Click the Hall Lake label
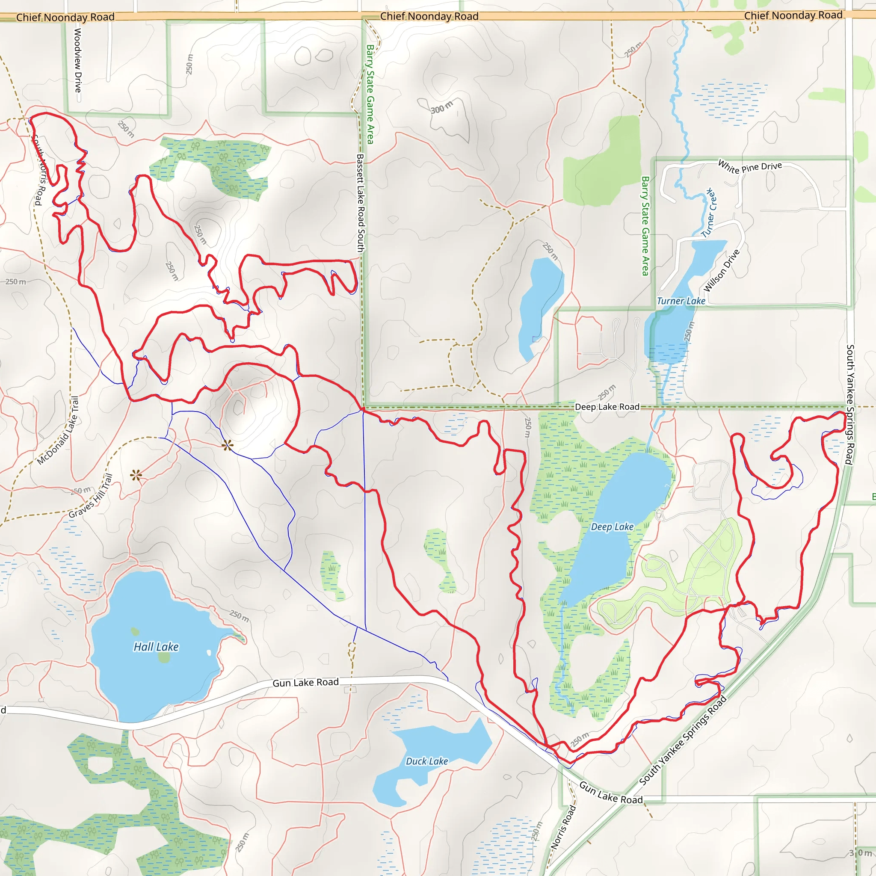pyautogui.click(x=156, y=647)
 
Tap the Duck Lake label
pyautogui.click(x=426, y=761)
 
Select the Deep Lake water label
pyautogui.click(x=612, y=527)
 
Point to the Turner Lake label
pyautogui.click(x=681, y=301)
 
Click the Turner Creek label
pyautogui.click(x=709, y=213)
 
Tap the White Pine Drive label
pyautogui.click(x=750, y=167)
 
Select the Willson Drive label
pyautogui.click(x=722, y=271)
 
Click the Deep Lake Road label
pyautogui.click(x=607, y=407)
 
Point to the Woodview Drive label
pyautogui.click(x=78, y=60)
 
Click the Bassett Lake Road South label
pyautogui.click(x=361, y=203)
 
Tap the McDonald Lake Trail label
pyautogui.click(x=58, y=430)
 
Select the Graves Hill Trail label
pyautogui.click(x=91, y=496)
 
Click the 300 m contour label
pyautogui.click(x=441, y=107)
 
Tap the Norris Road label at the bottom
pyautogui.click(x=563, y=826)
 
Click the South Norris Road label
pyautogui.click(x=39, y=170)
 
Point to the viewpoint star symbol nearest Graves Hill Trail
pyautogui.click(x=136, y=475)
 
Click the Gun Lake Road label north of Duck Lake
pyautogui.click(x=305, y=682)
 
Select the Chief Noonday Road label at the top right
pyautogui.click(x=793, y=15)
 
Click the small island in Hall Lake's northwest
pyautogui.click(x=135, y=631)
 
